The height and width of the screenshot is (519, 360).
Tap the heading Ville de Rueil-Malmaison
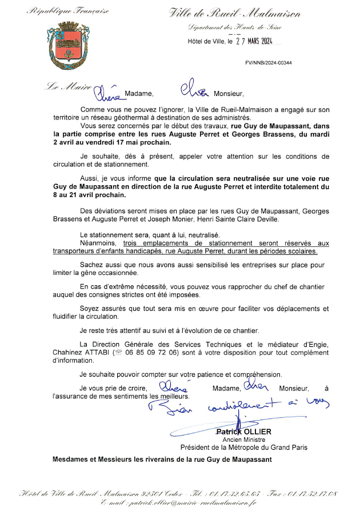click(x=235, y=13)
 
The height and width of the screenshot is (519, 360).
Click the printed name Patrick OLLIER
click(x=243, y=432)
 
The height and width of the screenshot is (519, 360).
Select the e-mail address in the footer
click(x=179, y=502)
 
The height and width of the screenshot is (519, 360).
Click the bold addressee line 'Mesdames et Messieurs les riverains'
click(x=162, y=460)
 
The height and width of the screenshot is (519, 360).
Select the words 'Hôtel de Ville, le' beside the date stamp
click(x=210, y=41)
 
